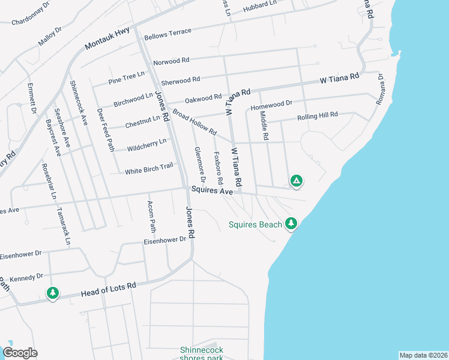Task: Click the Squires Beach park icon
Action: click(x=291, y=223)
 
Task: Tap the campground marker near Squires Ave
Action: click(x=296, y=180)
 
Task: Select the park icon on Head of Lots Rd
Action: click(x=53, y=293)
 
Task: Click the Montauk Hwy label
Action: click(x=107, y=37)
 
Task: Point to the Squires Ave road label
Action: click(x=212, y=190)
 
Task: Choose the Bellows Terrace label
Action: click(x=167, y=31)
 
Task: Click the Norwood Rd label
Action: click(x=171, y=61)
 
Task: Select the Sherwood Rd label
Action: click(x=181, y=80)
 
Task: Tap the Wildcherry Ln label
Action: click(x=146, y=145)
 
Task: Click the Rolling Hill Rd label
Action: click(x=318, y=116)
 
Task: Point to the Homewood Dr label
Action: click(x=271, y=104)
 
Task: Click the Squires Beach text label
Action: click(x=255, y=225)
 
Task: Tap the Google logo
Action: click(x=20, y=353)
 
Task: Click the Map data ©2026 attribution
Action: click(x=423, y=355)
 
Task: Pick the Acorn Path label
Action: click(x=151, y=217)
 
